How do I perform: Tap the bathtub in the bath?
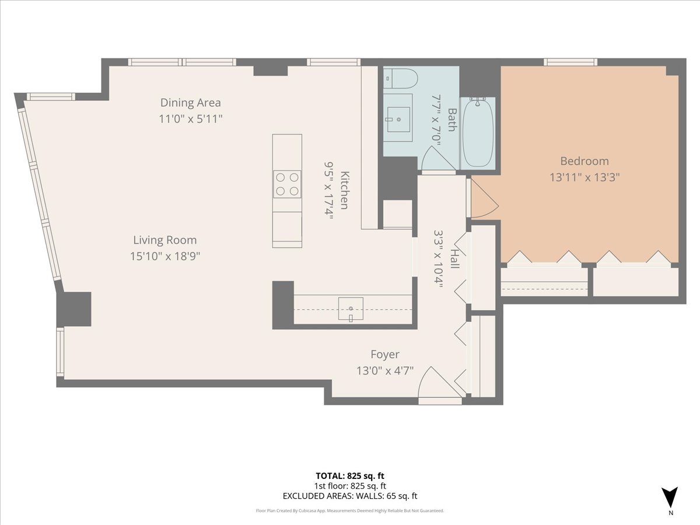coord(478,133)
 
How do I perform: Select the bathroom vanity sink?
coord(399,119)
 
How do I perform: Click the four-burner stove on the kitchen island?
coord(287,184)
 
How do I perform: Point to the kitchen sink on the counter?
coord(351,309)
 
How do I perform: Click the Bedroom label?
coord(584,161)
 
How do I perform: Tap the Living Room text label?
coord(164,240)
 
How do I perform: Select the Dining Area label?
coord(191,103)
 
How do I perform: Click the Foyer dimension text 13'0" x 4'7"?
coord(385,370)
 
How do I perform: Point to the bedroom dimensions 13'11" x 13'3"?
coord(584,177)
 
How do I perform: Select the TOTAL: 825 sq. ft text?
coord(350,475)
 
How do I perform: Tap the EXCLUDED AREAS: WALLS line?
coord(350,496)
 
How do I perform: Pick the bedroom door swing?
coord(483,197)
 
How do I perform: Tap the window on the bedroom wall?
coord(570,62)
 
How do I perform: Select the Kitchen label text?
coord(345,191)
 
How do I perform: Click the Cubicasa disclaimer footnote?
coord(350,510)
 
